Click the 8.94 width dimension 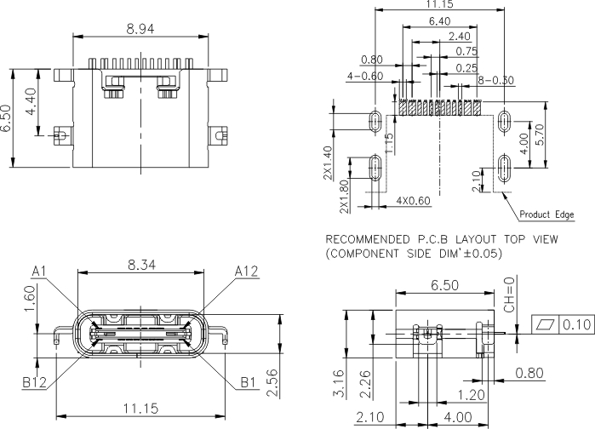pyautogui.click(x=140, y=29)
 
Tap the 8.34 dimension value pyautogui.click(x=141, y=265)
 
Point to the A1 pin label pyautogui.click(x=38, y=272)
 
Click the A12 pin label pyautogui.click(x=246, y=272)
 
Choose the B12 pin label pyautogui.click(x=34, y=382)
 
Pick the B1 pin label pyautogui.click(x=249, y=382)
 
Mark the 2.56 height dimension pyautogui.click(x=273, y=383)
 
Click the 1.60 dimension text pyautogui.click(x=30, y=299)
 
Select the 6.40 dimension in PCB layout pyautogui.click(x=440, y=21)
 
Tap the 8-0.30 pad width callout pyautogui.click(x=495, y=80)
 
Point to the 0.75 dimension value pyautogui.click(x=466, y=51)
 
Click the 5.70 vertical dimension pyautogui.click(x=540, y=134)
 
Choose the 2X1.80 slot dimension pyautogui.click(x=344, y=197)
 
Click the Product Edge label pyautogui.click(x=546, y=214)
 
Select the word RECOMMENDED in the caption pyautogui.click(x=368, y=240)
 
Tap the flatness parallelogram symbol pyautogui.click(x=545, y=324)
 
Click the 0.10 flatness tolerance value pyautogui.click(x=577, y=324)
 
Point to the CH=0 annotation pyautogui.click(x=510, y=295)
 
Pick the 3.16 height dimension pyautogui.click(x=340, y=384)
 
